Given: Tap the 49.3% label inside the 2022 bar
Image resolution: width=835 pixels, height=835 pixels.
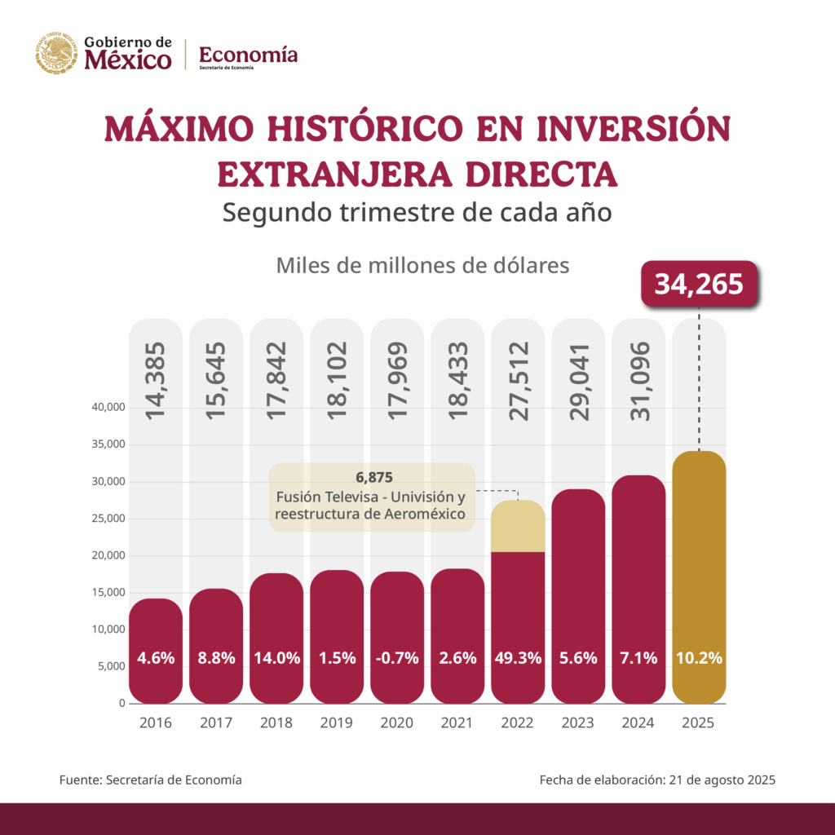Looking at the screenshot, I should (x=518, y=658).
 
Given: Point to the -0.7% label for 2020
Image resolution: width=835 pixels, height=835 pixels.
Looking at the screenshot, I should (x=397, y=658).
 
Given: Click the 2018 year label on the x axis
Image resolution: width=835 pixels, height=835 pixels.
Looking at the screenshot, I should (x=276, y=722).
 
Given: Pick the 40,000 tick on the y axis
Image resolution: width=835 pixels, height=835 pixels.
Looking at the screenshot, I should (x=104, y=408).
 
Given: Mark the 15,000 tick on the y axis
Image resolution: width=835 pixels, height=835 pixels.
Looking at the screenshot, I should (x=104, y=593).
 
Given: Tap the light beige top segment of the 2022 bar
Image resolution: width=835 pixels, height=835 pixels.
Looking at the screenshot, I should (x=518, y=526).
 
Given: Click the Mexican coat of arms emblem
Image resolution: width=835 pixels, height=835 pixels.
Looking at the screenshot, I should (x=55, y=53).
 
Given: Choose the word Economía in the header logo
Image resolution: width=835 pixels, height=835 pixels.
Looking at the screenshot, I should (x=248, y=55).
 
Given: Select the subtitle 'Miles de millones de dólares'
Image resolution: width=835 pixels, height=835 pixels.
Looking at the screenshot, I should (x=422, y=266).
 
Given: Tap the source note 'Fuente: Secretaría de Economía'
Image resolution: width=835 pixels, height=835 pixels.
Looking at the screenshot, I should (x=151, y=780).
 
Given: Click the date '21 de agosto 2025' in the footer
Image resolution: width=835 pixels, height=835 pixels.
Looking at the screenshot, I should (x=722, y=780).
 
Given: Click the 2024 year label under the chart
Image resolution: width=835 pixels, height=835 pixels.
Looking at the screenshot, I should (x=638, y=722).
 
